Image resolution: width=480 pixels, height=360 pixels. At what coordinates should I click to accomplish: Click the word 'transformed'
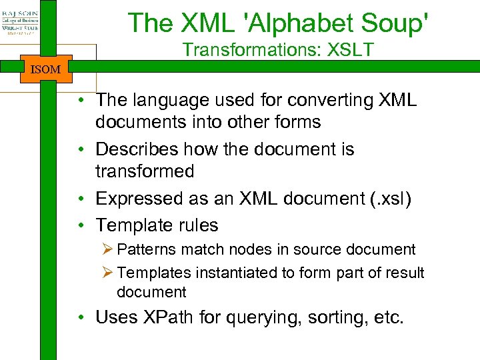tap(145, 171)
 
